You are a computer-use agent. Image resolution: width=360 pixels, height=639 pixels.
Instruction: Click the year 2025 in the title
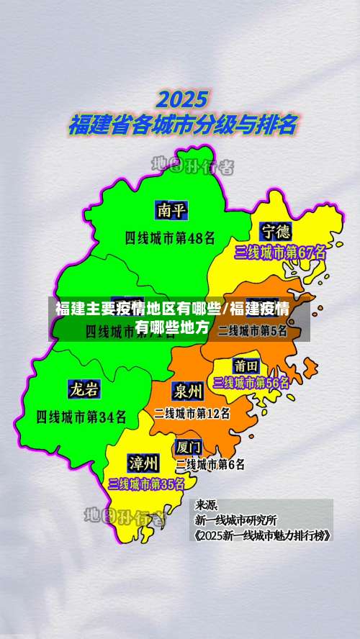coord(183,99)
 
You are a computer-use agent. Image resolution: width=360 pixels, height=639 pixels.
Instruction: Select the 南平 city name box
coord(171,210)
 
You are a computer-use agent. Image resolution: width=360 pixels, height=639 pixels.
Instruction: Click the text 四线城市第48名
coord(170,236)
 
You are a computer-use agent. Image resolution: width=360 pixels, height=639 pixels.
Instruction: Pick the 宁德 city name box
coord(276,232)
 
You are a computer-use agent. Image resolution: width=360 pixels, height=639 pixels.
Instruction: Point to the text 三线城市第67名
coord(280,253)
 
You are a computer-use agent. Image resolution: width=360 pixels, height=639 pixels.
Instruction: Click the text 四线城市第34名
coord(81,416)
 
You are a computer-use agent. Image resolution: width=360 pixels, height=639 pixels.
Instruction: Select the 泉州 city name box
coord(187,391)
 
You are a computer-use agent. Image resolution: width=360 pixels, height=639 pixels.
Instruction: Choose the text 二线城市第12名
coord(192,414)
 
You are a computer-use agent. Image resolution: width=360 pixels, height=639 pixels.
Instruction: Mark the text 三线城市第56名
coord(251,383)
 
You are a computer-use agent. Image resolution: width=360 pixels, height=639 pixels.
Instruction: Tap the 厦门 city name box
coord(189,447)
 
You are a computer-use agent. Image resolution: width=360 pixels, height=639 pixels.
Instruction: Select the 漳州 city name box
coord(144,461)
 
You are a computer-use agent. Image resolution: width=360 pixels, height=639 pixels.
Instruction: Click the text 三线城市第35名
coord(146,484)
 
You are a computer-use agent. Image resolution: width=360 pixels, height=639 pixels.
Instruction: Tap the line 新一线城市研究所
coord(235,520)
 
